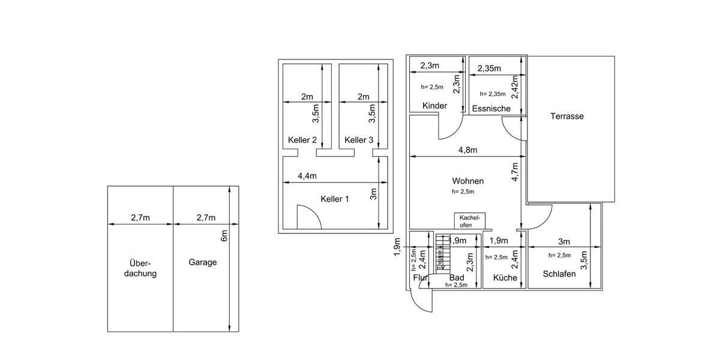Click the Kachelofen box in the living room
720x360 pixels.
point(470,220)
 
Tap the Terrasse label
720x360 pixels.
point(567,116)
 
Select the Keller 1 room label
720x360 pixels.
point(335,199)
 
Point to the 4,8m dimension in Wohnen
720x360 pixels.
point(468,150)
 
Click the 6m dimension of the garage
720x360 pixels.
point(224,236)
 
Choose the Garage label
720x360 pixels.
point(203,262)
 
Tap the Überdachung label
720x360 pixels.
point(140,268)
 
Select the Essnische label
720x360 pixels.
point(491,109)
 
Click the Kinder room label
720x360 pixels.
point(435,106)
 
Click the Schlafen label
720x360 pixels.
point(559,274)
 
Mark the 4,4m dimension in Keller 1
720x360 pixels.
point(307,176)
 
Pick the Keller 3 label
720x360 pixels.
point(359,140)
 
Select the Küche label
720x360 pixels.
point(505,278)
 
